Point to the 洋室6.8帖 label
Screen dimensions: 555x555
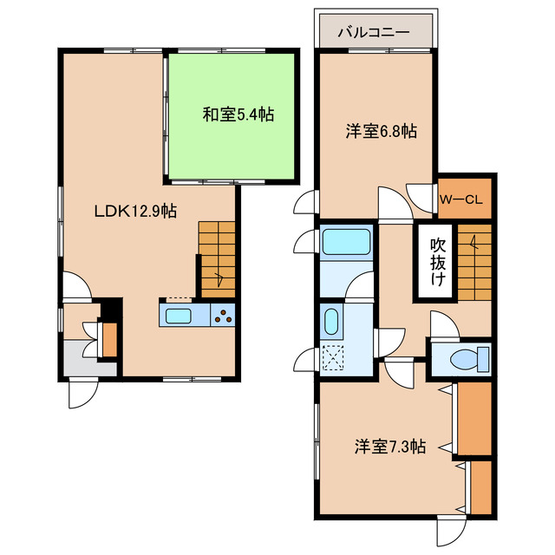coord(381,132)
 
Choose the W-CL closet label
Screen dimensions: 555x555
coord(464,199)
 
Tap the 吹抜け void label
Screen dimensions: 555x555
coord(439,261)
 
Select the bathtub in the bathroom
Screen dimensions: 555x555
coord(346,241)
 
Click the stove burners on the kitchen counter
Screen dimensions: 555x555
coord(223,316)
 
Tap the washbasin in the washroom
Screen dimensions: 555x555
coord(330,323)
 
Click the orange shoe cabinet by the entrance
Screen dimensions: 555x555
coord(109,339)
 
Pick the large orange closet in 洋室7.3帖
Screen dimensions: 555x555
coord(473,417)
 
